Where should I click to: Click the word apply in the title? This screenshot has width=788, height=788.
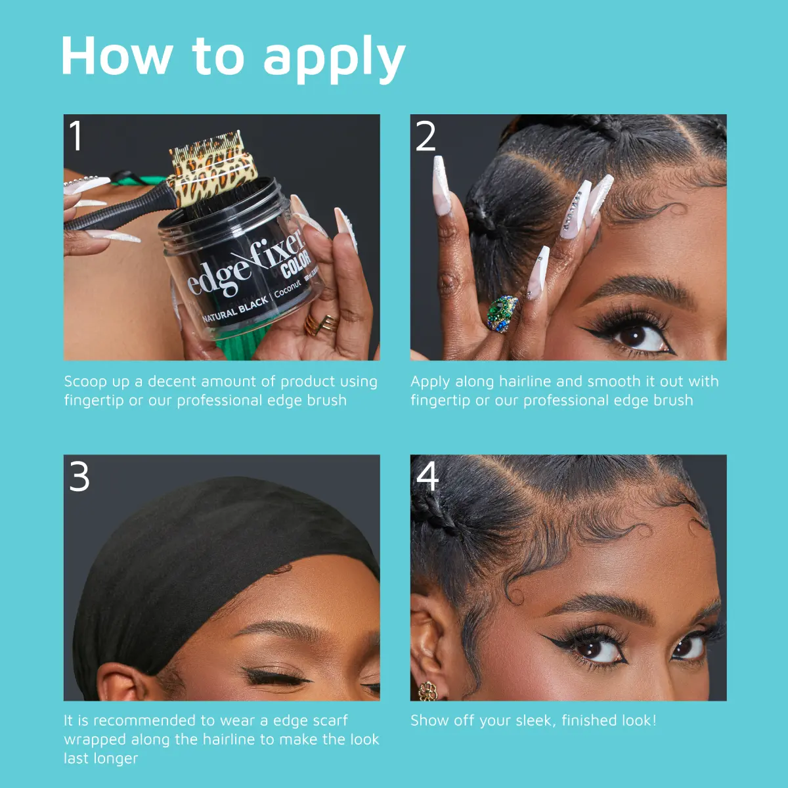334,60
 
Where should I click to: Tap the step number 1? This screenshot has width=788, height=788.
76,136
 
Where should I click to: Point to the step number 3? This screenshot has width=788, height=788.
79,476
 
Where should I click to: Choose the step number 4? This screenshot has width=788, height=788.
427,476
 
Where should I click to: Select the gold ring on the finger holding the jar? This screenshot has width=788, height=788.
321,325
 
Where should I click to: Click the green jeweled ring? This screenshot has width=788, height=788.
502,313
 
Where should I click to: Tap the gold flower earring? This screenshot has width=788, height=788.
427,691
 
